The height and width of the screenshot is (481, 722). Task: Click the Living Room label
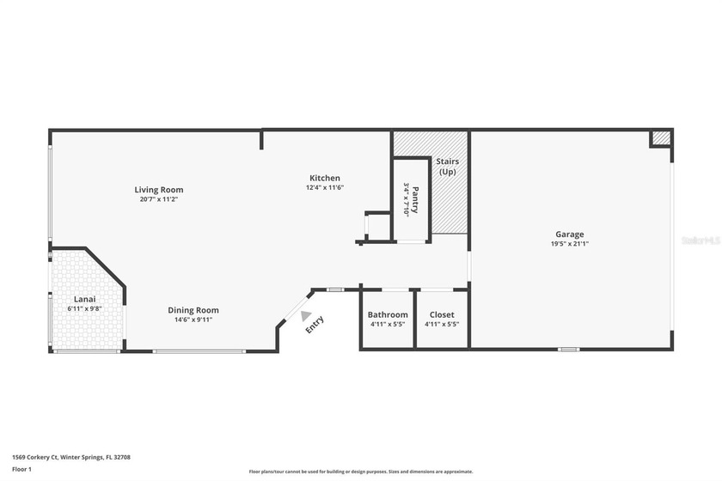tap(158, 190)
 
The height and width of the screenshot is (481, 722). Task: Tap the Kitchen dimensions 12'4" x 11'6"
tap(325, 188)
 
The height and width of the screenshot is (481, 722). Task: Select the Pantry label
tap(415, 193)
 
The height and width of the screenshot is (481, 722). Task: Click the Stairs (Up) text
tap(448, 167)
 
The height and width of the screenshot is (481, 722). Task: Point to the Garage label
tap(569, 234)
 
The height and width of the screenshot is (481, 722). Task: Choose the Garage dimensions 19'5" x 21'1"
tap(569, 244)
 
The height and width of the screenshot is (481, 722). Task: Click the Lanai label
tap(83, 299)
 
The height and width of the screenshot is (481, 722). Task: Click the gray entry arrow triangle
tap(306, 316)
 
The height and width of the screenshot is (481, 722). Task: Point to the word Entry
tap(315, 325)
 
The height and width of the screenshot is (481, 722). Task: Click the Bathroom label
tap(388, 315)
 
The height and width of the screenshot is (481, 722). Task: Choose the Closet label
tap(442, 315)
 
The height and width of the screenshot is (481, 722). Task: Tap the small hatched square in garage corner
tap(660, 138)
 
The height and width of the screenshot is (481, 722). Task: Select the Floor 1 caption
tap(21, 470)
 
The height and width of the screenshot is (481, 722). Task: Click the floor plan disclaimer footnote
tap(360, 472)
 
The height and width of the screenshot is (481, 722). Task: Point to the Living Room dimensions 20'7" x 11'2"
tap(158, 199)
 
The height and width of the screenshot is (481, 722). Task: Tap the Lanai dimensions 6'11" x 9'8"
tap(84, 308)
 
